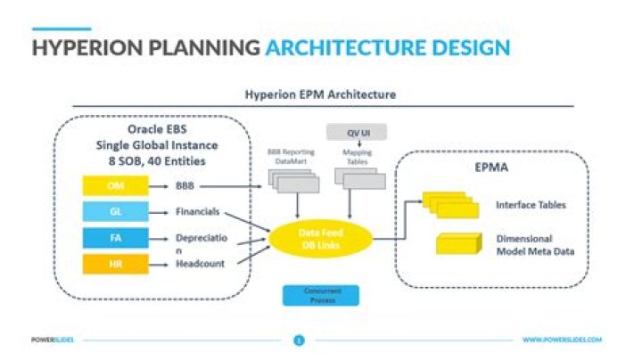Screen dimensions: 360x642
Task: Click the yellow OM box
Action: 115,187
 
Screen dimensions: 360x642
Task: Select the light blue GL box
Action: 115,212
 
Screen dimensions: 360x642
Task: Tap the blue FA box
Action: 115,238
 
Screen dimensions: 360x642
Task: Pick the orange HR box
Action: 115,264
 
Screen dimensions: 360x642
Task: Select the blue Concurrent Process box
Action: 320,295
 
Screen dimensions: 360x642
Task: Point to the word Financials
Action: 198,213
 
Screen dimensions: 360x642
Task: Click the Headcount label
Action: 200,264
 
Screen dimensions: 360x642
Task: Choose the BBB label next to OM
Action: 185,187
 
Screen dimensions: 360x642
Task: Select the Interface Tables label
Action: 531,205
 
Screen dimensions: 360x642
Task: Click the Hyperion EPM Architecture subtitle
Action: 320,94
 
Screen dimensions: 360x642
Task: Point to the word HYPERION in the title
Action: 80,46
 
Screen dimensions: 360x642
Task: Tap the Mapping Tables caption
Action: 357,156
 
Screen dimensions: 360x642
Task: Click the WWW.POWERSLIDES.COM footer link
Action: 562,340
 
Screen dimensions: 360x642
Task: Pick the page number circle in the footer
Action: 300,340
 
